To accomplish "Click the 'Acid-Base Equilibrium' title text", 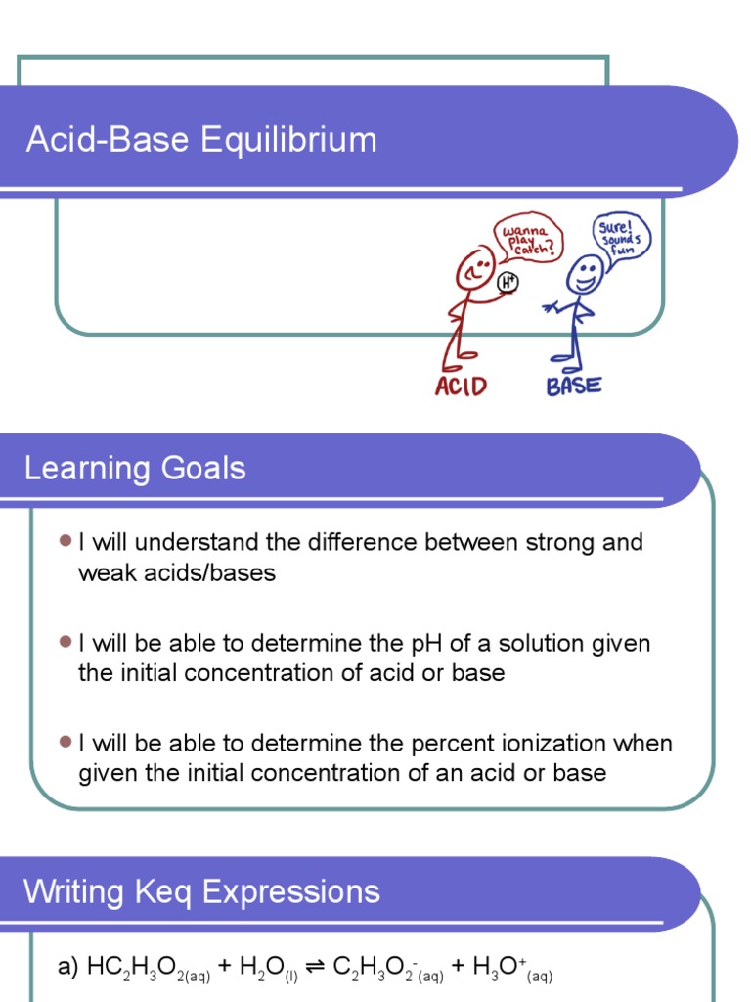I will (201, 140).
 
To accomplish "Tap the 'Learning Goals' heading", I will (135, 469).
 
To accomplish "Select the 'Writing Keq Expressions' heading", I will (201, 891).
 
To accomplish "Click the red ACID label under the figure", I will (461, 386).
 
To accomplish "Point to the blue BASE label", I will (574, 385).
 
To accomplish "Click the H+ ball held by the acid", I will (508, 283).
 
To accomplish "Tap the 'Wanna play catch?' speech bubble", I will (528, 238).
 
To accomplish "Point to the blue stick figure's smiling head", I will (585, 274).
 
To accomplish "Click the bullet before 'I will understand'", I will (66, 541).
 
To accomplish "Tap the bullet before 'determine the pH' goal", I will (66, 642).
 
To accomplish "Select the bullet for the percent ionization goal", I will (66, 743).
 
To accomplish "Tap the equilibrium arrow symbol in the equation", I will (315, 968).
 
